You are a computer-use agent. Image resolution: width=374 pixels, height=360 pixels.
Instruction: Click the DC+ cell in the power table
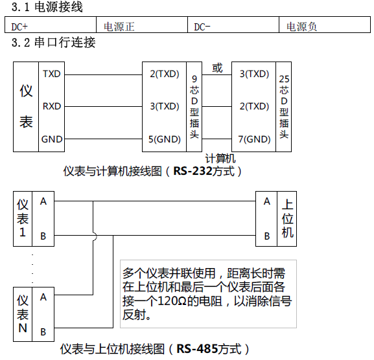51,25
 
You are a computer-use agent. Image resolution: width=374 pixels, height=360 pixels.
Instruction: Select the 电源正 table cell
142,25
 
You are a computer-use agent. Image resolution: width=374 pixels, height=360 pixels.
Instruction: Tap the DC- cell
233,25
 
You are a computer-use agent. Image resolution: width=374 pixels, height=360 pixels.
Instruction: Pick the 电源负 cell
325,25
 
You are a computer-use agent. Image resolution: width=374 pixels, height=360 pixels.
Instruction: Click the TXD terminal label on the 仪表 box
51,74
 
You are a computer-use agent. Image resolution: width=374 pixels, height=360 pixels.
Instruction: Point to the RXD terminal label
51,106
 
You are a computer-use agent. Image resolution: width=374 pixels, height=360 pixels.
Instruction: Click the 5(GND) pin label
165,139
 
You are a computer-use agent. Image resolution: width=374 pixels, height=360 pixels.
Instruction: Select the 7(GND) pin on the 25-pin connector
255,139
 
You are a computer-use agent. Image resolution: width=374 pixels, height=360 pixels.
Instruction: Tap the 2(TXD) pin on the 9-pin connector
165,74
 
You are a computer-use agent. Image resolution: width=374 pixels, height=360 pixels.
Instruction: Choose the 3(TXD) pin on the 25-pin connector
255,74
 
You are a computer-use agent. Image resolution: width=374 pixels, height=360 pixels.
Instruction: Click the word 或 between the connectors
217,68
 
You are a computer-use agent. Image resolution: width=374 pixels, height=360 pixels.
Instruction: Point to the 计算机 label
220,159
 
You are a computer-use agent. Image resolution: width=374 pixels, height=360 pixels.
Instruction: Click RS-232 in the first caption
193,171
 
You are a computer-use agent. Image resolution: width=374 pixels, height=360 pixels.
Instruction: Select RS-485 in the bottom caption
197,349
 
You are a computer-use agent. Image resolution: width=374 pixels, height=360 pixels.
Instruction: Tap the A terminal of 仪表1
43,201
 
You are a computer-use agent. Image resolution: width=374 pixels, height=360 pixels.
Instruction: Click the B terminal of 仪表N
43,332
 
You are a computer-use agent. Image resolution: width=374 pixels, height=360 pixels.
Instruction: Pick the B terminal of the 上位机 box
267,236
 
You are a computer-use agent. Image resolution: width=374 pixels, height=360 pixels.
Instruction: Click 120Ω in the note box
172,301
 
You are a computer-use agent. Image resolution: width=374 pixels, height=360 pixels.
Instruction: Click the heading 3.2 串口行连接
53,43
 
